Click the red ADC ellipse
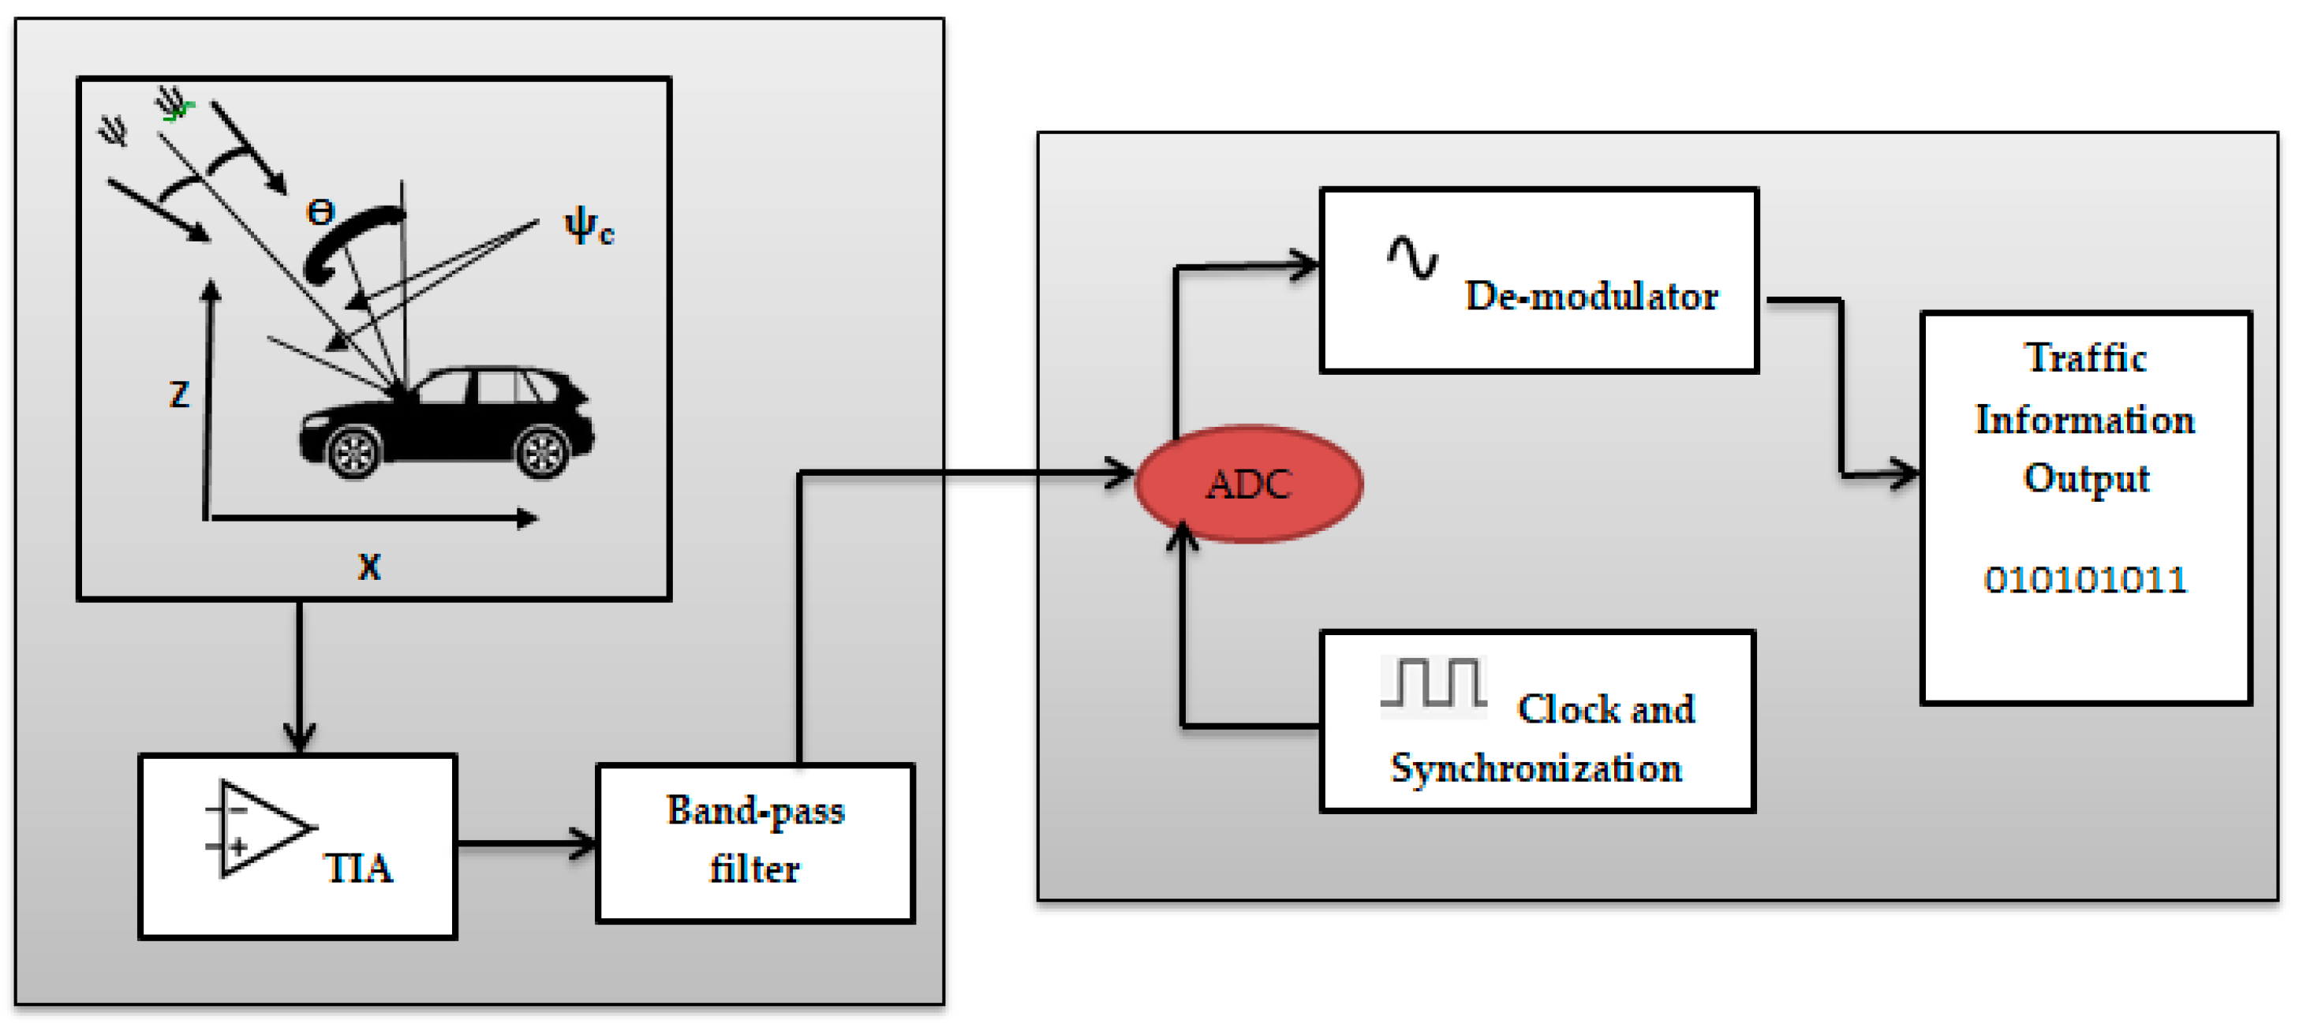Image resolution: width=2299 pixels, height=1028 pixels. click(x=1247, y=484)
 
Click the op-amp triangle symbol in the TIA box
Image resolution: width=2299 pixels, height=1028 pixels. click(x=259, y=828)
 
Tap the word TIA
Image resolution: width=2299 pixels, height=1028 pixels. click(x=357, y=867)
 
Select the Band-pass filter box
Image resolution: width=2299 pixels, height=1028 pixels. click(x=755, y=842)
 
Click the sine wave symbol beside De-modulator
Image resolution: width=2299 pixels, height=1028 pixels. click(x=1412, y=257)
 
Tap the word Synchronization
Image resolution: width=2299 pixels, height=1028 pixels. click(x=1536, y=768)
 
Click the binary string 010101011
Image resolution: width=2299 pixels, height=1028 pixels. click(x=2085, y=580)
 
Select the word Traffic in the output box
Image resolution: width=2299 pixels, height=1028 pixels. click(x=2085, y=358)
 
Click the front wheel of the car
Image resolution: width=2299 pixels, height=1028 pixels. click(x=353, y=451)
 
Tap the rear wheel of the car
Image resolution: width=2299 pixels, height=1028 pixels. click(x=542, y=451)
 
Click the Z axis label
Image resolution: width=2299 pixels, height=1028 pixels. click(x=179, y=394)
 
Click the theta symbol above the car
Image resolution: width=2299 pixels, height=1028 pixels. click(x=320, y=212)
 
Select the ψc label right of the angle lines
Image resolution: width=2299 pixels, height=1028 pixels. click(x=589, y=226)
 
